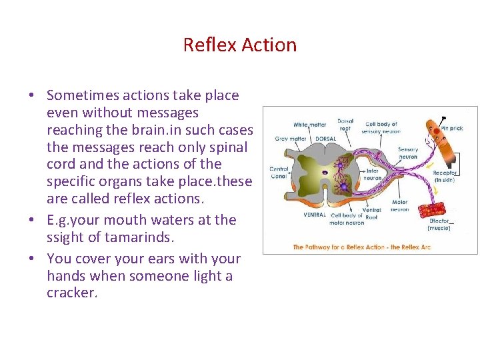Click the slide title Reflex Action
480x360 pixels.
pos(240,45)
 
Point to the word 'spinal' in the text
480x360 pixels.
pos(228,147)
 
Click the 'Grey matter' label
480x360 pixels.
pos(291,139)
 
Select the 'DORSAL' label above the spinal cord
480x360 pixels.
pos(325,139)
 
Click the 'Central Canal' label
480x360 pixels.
pos(279,173)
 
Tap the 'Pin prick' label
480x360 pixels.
pos(451,127)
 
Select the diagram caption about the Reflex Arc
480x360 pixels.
pos(361,247)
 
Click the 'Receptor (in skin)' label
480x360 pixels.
pos(445,176)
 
